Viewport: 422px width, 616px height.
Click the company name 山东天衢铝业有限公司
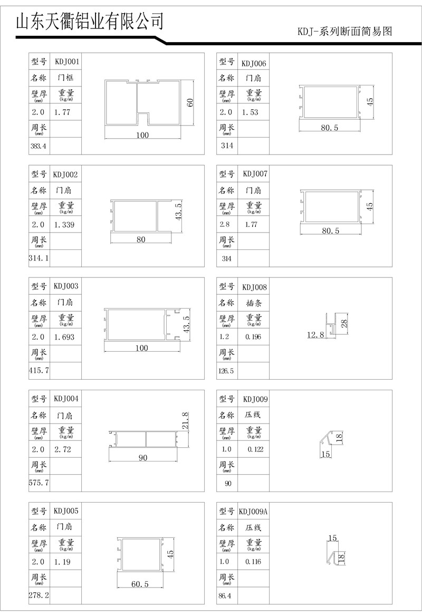click(x=90, y=21)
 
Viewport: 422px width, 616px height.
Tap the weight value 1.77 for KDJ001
click(x=62, y=112)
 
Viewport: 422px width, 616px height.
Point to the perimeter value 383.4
click(x=39, y=146)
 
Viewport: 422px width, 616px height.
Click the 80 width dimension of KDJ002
click(x=141, y=239)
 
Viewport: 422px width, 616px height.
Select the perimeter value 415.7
click(x=39, y=371)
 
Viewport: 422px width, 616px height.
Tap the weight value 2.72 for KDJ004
click(x=62, y=450)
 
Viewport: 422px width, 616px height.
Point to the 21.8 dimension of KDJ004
click(x=185, y=420)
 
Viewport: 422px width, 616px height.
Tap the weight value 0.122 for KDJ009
click(x=255, y=449)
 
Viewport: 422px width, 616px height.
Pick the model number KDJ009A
click(x=253, y=511)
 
